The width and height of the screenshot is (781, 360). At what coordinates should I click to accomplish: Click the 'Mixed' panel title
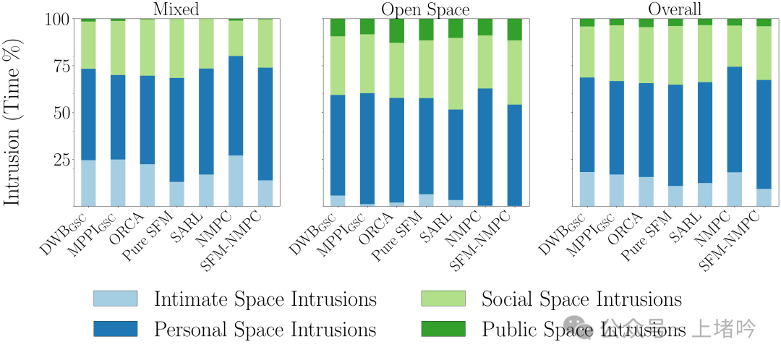176,9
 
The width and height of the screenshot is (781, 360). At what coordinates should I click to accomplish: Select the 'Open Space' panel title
425,9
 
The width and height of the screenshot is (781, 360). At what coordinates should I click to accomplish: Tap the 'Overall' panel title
675,9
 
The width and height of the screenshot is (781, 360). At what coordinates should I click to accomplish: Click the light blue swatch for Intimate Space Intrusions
115,299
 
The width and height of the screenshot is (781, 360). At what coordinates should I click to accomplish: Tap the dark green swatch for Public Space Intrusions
443,329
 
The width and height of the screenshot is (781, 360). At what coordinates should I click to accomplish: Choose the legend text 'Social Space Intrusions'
581,300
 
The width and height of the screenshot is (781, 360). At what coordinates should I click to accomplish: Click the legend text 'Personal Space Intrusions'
265,330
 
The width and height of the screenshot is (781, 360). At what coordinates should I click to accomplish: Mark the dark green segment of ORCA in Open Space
396,31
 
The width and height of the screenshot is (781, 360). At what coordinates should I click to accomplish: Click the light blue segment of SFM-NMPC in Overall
764,197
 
